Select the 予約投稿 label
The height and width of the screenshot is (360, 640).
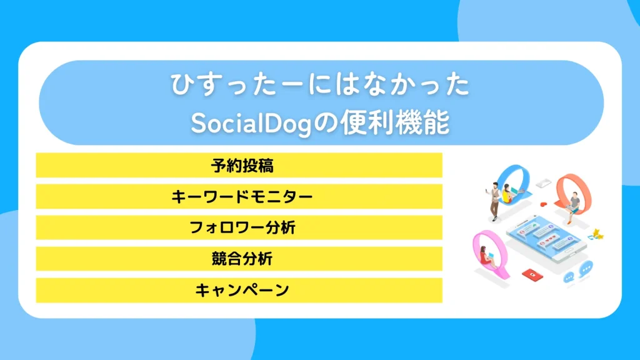[239, 166]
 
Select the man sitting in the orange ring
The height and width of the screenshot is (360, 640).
[572, 206]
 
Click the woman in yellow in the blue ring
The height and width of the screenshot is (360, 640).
[507, 191]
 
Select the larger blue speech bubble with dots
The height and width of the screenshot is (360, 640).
[586, 269]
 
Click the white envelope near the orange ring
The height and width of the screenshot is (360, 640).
[542, 182]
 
